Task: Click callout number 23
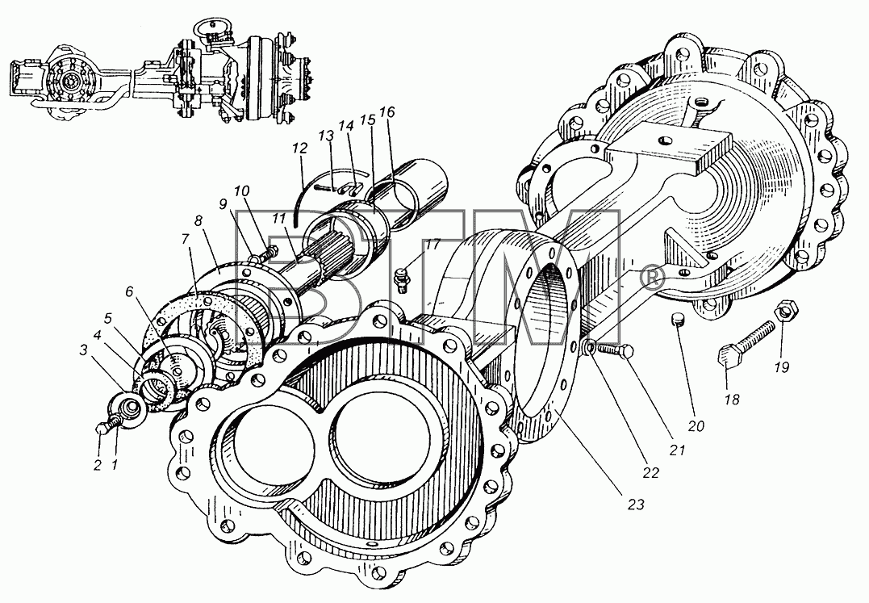[636, 505]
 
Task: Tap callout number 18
[732, 399]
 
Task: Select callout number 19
[781, 367]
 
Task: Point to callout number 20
[696, 425]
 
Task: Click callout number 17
[432, 244]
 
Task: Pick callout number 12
[300, 148]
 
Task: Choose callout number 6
[129, 291]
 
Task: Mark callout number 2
[98, 464]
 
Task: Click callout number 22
[650, 472]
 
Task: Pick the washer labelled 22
[590, 349]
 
